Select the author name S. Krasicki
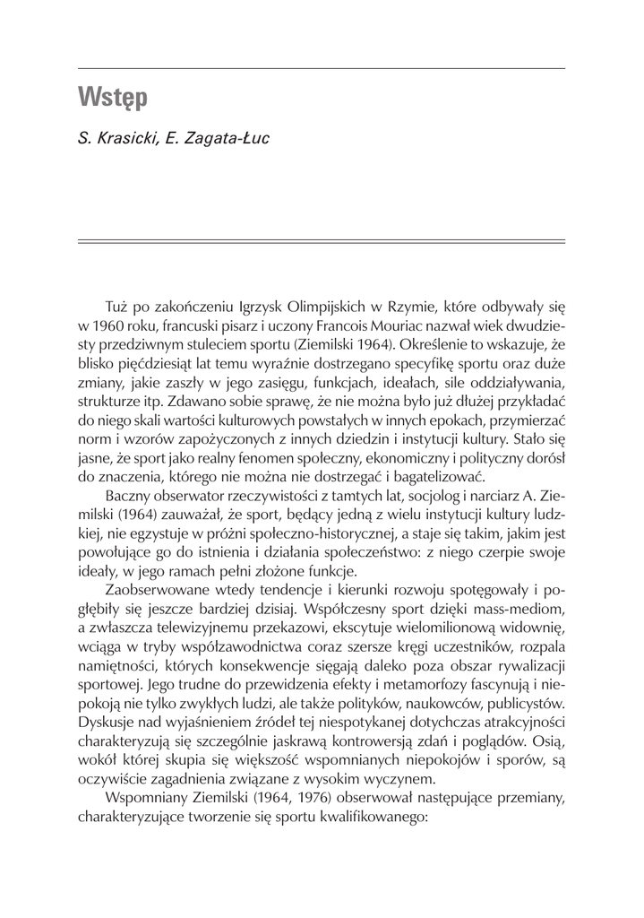[112, 139]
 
